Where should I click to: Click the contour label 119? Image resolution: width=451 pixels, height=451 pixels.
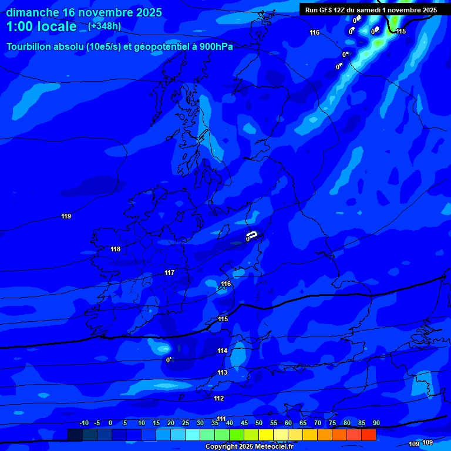(x=66, y=217)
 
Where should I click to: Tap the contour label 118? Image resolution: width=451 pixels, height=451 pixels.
(x=116, y=250)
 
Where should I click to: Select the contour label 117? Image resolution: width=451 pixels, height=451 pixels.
(x=170, y=273)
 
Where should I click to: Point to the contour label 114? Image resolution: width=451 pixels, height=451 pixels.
(x=222, y=351)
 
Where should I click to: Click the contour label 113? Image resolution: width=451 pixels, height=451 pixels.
(x=222, y=373)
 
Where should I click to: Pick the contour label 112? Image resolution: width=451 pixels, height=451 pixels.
(x=219, y=399)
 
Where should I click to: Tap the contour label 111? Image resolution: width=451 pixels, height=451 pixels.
(x=221, y=419)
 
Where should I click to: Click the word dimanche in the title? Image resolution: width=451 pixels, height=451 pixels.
(x=32, y=12)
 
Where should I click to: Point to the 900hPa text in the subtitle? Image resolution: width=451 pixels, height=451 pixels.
(x=214, y=46)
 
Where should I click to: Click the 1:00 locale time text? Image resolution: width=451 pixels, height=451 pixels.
(x=42, y=26)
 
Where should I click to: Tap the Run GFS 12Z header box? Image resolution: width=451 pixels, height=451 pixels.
(x=371, y=10)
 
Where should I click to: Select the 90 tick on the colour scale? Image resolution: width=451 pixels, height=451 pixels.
(x=376, y=423)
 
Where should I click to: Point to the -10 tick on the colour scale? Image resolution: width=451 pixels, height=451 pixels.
(x=83, y=423)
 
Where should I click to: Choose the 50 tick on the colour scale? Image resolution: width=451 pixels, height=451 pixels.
(x=259, y=423)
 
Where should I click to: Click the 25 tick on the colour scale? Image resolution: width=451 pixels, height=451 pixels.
(x=186, y=423)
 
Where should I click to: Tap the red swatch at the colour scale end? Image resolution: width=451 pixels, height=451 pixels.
(x=368, y=435)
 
